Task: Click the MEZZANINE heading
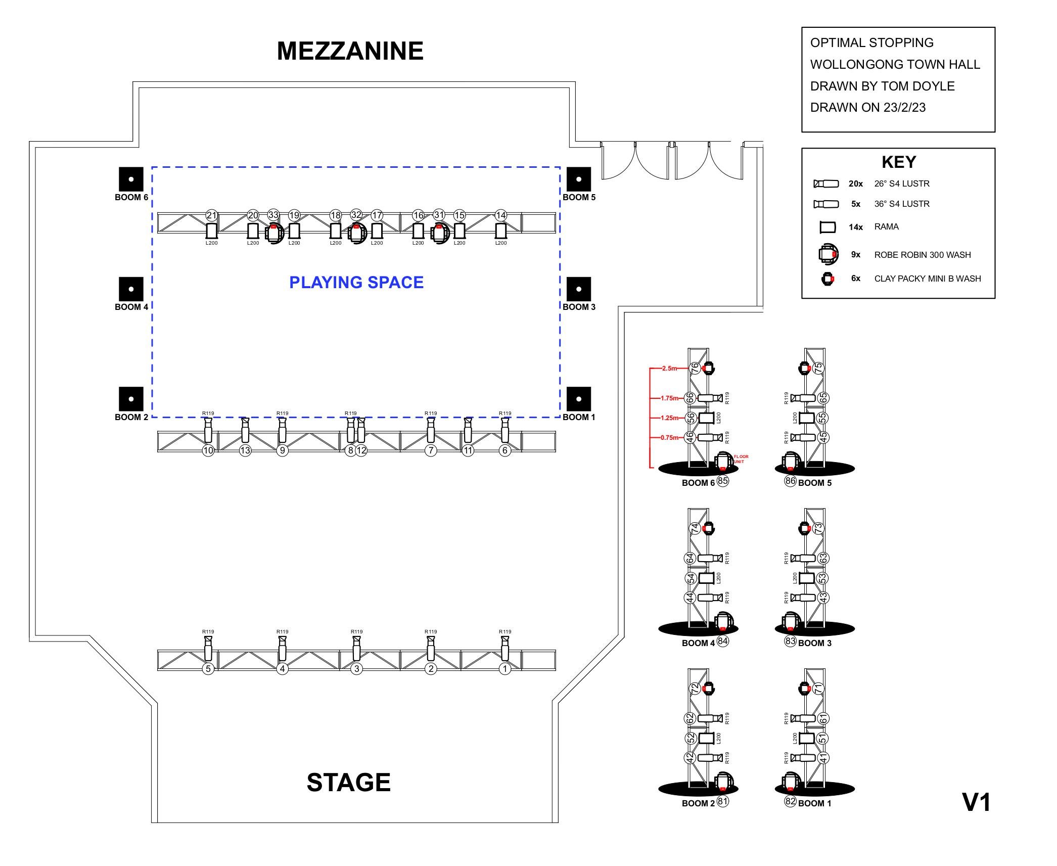350,51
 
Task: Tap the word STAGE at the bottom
348,782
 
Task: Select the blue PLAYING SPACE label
356,282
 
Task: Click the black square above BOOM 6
131,179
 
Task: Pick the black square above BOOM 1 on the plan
579,399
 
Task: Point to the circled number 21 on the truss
211,215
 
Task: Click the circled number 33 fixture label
273,215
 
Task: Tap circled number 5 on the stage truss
208,669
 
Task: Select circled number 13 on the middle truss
245,450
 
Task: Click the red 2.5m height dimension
669,369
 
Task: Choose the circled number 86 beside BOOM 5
790,481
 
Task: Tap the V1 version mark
976,802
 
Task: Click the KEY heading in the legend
898,162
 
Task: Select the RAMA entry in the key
886,227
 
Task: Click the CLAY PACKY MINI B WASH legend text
927,279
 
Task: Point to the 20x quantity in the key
855,184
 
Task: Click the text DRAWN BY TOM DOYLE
882,86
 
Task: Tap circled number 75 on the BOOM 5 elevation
819,368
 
